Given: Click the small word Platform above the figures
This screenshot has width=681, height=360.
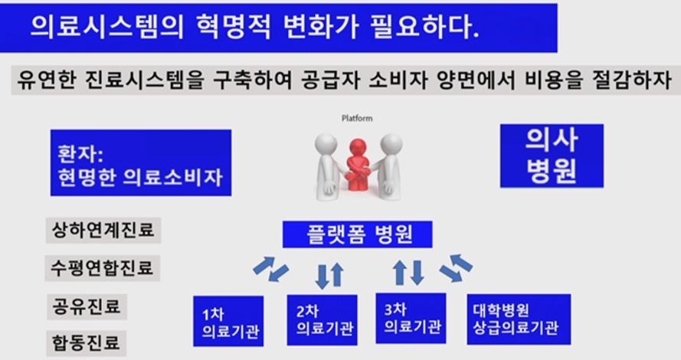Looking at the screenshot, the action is (x=356, y=118).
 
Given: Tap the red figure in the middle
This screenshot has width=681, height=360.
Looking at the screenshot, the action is (x=358, y=165).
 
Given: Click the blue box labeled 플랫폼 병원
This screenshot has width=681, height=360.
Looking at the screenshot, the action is (x=358, y=234).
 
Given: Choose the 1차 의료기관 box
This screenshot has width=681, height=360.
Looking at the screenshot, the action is (x=228, y=322).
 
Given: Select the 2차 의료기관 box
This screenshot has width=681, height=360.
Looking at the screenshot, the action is (x=322, y=320).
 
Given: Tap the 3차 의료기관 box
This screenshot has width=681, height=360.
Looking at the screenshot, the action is (x=411, y=319).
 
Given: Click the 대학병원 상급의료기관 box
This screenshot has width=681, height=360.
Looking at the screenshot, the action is (x=519, y=319).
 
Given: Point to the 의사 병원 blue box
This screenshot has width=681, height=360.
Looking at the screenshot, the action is (x=552, y=156).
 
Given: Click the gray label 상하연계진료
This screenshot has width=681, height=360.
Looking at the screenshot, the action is (x=103, y=230).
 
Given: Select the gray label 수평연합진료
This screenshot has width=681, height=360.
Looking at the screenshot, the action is (x=103, y=268).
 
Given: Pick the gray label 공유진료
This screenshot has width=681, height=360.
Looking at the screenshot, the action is (x=87, y=306).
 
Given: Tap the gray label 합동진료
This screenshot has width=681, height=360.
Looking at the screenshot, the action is (x=87, y=343).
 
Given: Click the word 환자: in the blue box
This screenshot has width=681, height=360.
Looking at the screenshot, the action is (x=80, y=154).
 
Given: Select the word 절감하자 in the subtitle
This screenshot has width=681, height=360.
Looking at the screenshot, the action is (x=631, y=80).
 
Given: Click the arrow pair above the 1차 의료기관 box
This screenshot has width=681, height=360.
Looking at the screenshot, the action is (x=271, y=269).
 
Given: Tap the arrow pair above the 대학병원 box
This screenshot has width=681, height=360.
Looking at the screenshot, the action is (x=456, y=268).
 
